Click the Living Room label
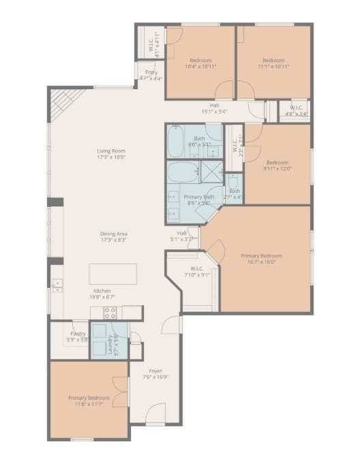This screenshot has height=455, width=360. pos(110,155)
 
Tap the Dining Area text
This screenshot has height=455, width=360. pos(114,237)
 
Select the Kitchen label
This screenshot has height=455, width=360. pos(102,294)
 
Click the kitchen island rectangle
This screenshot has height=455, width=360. pos(112,274)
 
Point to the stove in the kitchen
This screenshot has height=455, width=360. pos(110,313)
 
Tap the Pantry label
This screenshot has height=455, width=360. pos(78,336)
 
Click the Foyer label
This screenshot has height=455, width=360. pos(155,374)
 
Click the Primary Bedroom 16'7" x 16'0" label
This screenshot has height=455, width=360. pos(261,260)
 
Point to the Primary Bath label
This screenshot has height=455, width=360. pos(200,200)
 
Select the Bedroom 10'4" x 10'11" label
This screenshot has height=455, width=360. pos(201,63)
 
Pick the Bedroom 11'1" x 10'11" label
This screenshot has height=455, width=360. pos(274,63)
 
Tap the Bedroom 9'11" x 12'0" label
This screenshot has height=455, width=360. pos(277,166)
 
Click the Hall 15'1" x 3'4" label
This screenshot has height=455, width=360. pos(214,108)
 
